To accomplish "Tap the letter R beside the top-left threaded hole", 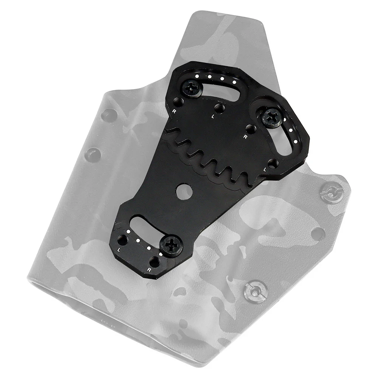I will pyautogui.click(x=174, y=111).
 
